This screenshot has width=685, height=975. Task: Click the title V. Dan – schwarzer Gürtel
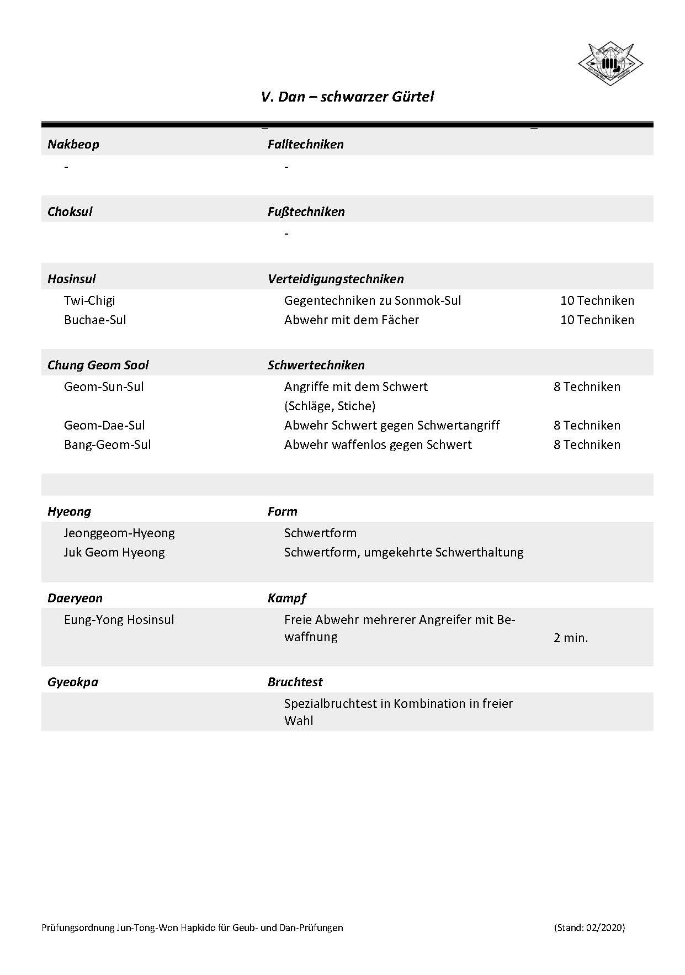(347, 97)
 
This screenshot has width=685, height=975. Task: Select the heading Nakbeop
(73, 145)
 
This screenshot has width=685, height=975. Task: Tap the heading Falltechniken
(305, 145)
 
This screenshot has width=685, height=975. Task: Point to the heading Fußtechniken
(306, 212)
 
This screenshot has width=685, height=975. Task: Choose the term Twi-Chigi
(89, 301)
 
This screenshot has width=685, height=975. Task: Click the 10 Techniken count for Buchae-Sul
(597, 320)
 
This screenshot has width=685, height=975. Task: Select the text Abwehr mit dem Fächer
(351, 320)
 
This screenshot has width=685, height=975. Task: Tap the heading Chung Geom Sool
(98, 365)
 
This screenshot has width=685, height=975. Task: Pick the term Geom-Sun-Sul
(104, 387)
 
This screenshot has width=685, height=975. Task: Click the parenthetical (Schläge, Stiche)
(330, 406)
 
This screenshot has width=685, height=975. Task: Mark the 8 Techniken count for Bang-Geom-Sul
(587, 445)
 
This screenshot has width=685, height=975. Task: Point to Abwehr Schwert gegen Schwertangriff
(392, 426)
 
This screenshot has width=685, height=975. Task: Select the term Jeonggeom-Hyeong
(119, 533)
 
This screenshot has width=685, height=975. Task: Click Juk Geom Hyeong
(114, 553)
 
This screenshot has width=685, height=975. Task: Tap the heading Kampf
(286, 598)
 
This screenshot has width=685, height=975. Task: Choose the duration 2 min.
(571, 638)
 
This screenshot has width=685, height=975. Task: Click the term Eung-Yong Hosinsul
(119, 620)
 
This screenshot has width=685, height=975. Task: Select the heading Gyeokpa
(73, 682)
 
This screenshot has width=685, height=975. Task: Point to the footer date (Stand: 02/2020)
(590, 928)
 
